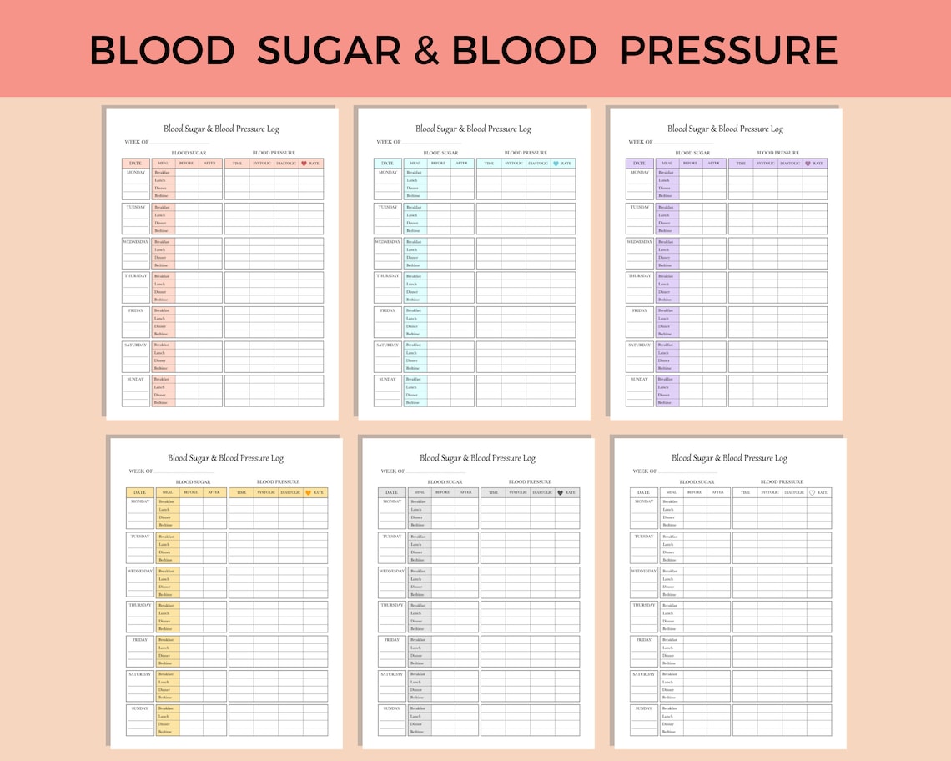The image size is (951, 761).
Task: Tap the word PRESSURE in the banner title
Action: (728, 51)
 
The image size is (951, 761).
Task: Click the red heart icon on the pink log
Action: (304, 164)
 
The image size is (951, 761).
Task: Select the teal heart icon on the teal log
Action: (556, 164)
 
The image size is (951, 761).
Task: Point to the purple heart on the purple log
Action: (808, 164)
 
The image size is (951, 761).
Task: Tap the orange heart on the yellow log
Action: (308, 493)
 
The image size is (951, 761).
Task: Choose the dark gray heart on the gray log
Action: (560, 493)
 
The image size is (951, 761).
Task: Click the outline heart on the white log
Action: (812, 493)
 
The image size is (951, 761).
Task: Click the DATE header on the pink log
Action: (135, 164)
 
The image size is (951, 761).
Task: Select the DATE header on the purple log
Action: (639, 164)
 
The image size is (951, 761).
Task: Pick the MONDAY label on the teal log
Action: (388, 173)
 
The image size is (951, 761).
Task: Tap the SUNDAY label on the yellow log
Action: (139, 708)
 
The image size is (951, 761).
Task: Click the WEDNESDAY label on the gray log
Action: (392, 571)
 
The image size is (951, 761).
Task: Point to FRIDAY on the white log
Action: (643, 640)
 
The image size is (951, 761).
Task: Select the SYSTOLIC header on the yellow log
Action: (266, 493)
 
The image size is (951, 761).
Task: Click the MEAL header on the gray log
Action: (419, 493)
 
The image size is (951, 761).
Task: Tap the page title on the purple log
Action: (725, 129)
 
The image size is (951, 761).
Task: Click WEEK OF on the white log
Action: (645, 471)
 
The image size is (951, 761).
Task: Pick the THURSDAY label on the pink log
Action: (136, 276)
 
